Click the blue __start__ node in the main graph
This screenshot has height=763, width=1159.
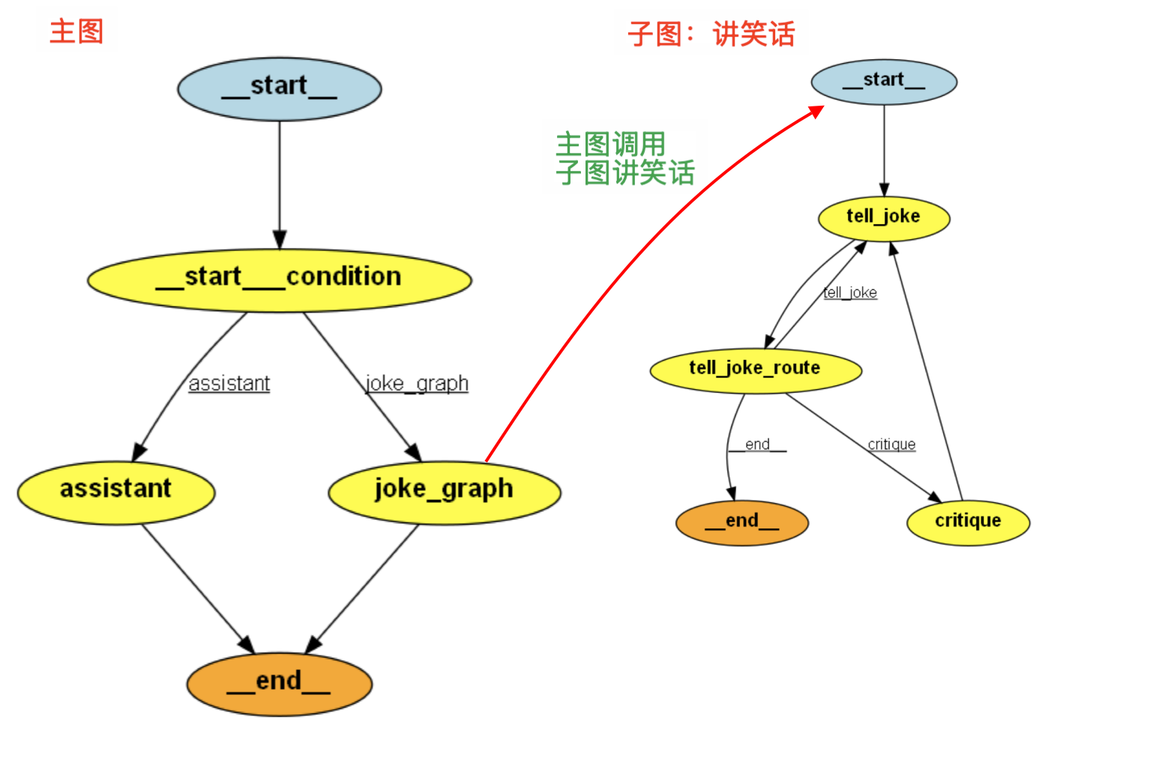coord(279,88)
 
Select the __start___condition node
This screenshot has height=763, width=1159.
coord(279,279)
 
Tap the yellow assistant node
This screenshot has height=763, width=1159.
coord(116,491)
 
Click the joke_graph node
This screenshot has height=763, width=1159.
coord(444,491)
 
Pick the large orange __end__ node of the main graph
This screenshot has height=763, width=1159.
coord(279,683)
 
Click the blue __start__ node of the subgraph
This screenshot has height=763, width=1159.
coord(884,81)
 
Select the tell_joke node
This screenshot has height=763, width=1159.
coord(884,218)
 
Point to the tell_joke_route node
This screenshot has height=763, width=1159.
coord(755,370)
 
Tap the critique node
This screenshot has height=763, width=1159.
coord(968,522)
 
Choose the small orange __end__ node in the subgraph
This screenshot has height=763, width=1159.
coord(741,522)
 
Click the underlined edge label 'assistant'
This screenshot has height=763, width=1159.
coord(229,384)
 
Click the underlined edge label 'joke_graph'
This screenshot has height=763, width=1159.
coord(417,384)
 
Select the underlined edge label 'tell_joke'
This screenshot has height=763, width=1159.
coord(850,292)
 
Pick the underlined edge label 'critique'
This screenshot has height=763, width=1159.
coord(891,444)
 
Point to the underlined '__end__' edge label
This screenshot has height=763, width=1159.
coord(757,444)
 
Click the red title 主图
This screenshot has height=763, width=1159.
coord(76,32)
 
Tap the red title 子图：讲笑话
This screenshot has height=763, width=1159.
coord(711,34)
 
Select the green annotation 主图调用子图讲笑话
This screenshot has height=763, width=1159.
coord(624,158)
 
